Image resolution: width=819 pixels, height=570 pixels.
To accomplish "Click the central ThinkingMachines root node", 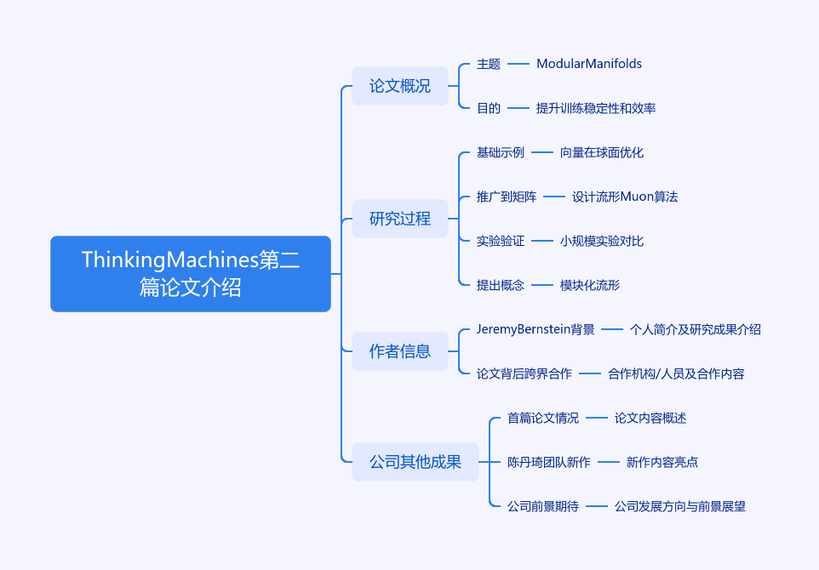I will click(191, 274).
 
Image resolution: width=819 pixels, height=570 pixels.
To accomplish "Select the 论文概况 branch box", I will click(400, 86).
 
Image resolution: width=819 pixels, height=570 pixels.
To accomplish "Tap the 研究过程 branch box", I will click(400, 219).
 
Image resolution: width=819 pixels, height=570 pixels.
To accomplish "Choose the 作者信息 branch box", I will click(400, 351).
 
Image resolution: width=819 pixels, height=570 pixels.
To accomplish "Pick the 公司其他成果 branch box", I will click(415, 462).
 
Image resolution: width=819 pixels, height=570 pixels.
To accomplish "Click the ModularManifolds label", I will click(589, 64).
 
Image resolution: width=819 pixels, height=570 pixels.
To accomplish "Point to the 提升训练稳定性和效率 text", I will click(596, 108).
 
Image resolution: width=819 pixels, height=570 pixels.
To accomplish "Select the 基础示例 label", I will click(501, 152).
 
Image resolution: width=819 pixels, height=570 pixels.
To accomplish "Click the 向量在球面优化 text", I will click(602, 152).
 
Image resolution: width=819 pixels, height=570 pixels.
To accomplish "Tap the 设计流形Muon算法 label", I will click(625, 197).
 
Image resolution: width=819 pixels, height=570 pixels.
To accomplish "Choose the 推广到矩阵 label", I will click(507, 197).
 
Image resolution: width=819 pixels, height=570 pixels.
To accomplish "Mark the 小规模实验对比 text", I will click(602, 241).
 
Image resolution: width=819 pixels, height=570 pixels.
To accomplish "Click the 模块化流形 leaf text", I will click(590, 285).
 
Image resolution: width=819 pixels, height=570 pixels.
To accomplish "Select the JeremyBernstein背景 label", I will click(535, 329).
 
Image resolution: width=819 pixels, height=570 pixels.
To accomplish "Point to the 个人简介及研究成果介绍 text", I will click(696, 329).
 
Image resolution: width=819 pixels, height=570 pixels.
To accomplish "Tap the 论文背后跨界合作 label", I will click(524, 373).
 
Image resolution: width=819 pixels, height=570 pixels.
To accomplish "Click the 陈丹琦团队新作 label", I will click(549, 462).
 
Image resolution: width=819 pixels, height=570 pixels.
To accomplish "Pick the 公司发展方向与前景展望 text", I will click(680, 506).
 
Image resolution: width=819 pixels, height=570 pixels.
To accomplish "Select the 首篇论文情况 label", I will click(543, 418).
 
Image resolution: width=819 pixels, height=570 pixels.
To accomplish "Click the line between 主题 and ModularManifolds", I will click(518, 64).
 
